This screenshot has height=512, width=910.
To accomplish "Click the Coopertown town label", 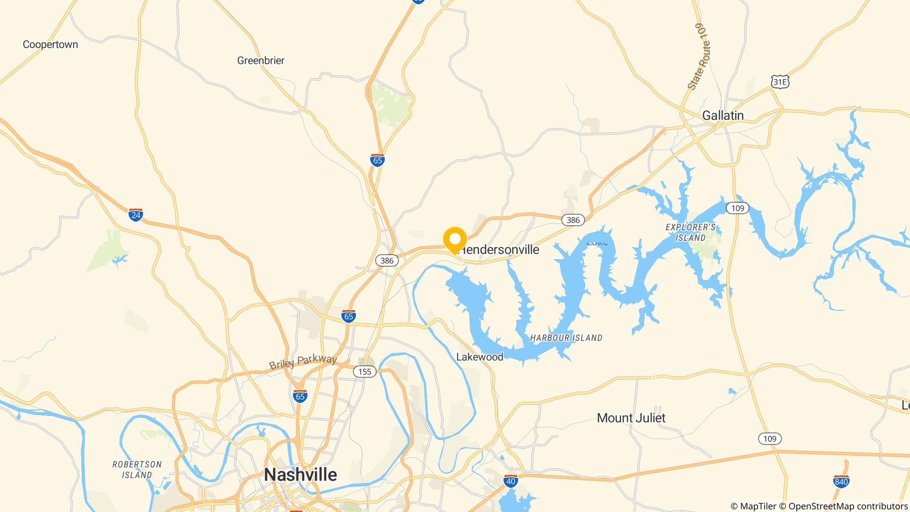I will pyautogui.click(x=50, y=44).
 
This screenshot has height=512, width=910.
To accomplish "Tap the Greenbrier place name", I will pyautogui.click(x=261, y=60).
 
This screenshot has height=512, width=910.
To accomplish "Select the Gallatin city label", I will pyautogui.click(x=723, y=116).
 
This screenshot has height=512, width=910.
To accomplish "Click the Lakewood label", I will pyautogui.click(x=480, y=357).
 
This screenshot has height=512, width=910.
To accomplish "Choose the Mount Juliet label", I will pyautogui.click(x=631, y=418).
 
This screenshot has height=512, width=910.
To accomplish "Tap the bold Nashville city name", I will pyautogui.click(x=300, y=475).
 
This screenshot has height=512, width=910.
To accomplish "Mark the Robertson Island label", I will pyautogui.click(x=137, y=469).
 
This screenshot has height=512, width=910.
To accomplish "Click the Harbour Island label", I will pyautogui.click(x=566, y=338).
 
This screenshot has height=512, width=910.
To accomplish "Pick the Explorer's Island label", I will pyautogui.click(x=690, y=232).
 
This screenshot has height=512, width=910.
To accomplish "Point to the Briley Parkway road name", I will pyautogui.click(x=303, y=361).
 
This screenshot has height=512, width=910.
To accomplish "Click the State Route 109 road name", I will pyautogui.click(x=699, y=56).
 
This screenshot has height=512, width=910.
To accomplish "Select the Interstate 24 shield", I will pyautogui.click(x=136, y=215).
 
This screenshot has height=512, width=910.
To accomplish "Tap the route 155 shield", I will pyautogui.click(x=365, y=372).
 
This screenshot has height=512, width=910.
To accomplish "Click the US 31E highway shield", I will pyautogui.click(x=780, y=82).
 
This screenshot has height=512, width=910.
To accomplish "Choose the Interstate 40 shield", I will pyautogui.click(x=511, y=481).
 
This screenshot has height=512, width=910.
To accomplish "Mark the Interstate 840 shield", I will pyautogui.click(x=842, y=481).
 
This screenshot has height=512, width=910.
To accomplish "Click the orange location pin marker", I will pyautogui.click(x=455, y=240).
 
